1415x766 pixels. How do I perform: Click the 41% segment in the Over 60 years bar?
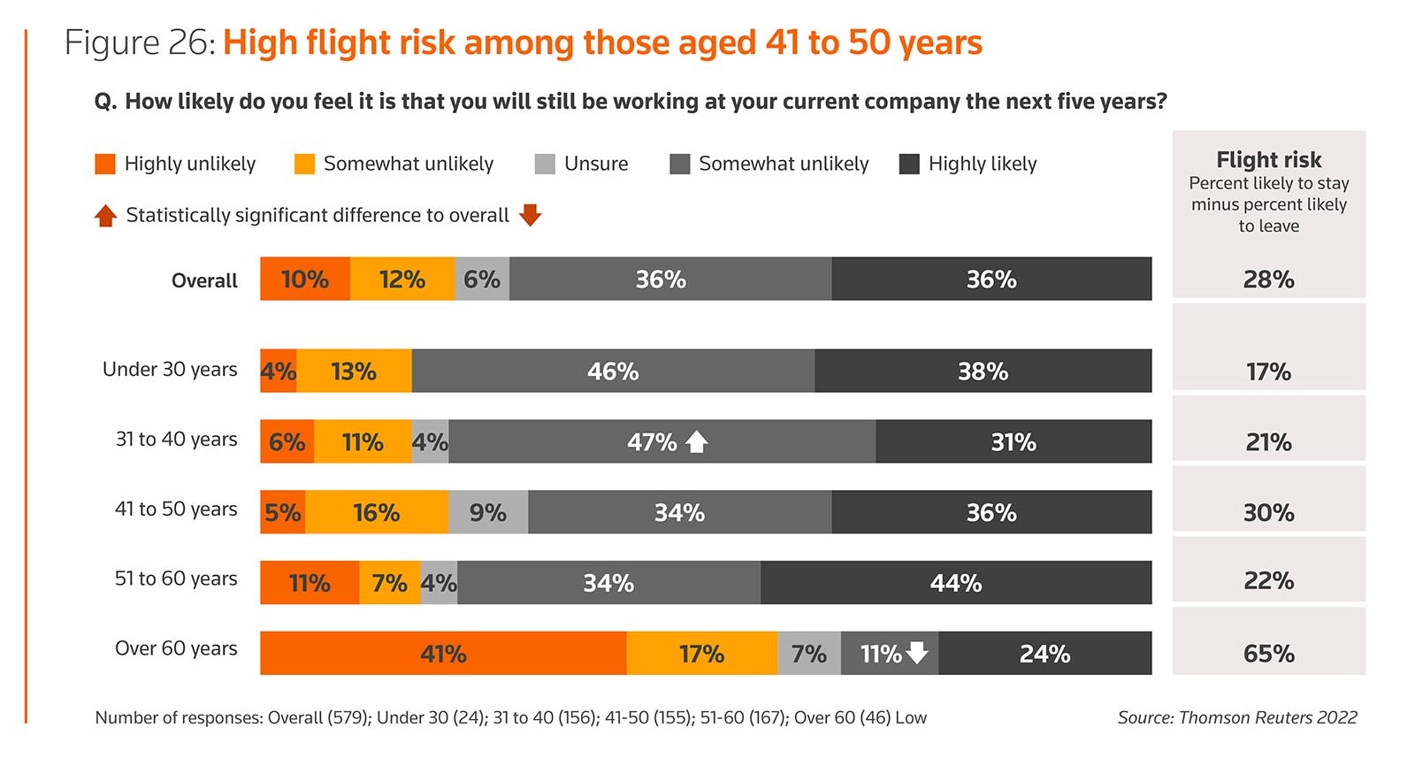(x=443, y=654)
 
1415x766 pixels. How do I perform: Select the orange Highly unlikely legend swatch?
(x=105, y=164)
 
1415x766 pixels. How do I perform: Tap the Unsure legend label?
(x=596, y=164)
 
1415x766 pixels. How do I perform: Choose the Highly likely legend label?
(x=983, y=164)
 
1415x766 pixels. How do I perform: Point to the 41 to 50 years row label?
(x=176, y=509)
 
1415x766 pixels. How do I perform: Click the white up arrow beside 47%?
(x=697, y=441)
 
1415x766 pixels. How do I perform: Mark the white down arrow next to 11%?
(x=918, y=654)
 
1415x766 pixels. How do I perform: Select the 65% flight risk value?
(x=1268, y=654)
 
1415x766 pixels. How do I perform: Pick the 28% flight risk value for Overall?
(x=1268, y=280)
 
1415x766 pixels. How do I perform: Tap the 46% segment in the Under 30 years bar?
(x=613, y=372)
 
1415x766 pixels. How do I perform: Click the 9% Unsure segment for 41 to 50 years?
(x=488, y=512)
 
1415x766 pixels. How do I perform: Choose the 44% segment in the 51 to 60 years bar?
(x=956, y=583)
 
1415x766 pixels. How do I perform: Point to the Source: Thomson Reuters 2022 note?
(x=1236, y=717)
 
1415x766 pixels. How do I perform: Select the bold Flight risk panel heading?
(x=1268, y=160)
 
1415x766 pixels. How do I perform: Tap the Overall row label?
(x=204, y=280)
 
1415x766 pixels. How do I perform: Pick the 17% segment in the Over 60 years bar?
(x=701, y=654)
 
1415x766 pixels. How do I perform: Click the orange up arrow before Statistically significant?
(x=106, y=216)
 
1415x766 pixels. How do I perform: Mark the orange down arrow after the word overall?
(x=530, y=215)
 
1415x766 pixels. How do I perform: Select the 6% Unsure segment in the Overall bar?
(x=482, y=280)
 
